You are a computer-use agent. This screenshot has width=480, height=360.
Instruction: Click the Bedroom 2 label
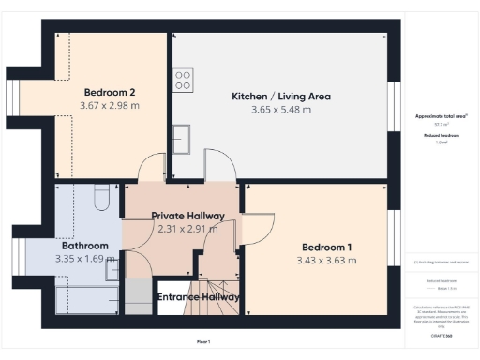111,93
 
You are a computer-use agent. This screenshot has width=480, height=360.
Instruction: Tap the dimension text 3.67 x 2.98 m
111,106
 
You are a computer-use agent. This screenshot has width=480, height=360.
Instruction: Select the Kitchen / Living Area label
281,97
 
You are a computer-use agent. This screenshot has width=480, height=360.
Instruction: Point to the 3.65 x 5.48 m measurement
281,110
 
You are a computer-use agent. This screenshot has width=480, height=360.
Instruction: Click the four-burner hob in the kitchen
183,78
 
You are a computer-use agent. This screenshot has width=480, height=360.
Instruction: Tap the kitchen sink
181,138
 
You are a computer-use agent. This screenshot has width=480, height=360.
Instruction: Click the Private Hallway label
187,216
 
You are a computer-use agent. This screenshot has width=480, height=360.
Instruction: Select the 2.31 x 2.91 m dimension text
187,229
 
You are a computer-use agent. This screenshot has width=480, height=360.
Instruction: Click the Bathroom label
82,246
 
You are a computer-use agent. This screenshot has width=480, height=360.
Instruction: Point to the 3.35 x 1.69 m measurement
82,259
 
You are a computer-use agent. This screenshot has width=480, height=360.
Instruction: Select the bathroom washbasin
113,270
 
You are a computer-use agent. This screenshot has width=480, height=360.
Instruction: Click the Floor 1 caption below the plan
203,341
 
